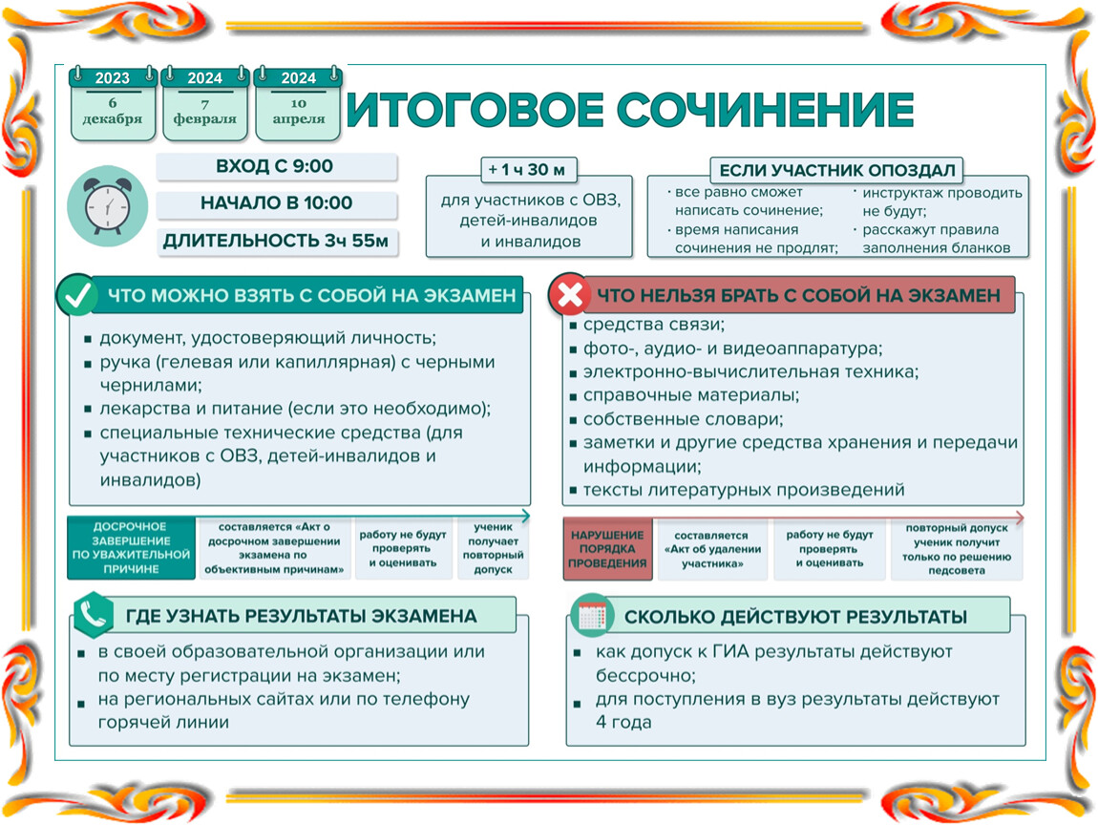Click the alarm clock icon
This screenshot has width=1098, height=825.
click(x=107, y=206)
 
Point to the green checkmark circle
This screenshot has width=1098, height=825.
click(x=77, y=295)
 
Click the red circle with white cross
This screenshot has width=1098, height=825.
click(x=569, y=294)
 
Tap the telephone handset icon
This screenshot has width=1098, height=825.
click(x=93, y=615)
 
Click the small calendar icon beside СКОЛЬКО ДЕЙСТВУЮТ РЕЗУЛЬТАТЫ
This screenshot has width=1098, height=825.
click(x=592, y=616)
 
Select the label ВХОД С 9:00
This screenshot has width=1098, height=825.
click(x=275, y=167)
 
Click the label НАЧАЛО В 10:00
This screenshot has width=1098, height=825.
click(x=276, y=203)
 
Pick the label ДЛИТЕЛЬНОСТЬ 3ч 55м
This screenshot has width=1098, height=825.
click(x=276, y=242)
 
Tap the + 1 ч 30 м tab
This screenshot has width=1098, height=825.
click(x=529, y=169)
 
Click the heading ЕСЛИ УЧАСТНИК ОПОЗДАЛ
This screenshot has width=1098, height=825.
click(x=836, y=170)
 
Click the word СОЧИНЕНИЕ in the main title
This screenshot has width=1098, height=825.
click(x=766, y=110)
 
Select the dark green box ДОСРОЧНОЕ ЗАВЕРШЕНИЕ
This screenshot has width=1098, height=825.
click(x=131, y=548)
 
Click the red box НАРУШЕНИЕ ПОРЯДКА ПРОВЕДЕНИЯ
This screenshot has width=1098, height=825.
click(x=607, y=549)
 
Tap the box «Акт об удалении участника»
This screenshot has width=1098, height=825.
click(x=712, y=549)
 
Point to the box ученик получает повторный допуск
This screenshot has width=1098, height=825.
click(x=493, y=548)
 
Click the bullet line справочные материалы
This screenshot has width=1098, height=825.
click(x=690, y=395)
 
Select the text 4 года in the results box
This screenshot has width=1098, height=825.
click(x=623, y=722)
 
